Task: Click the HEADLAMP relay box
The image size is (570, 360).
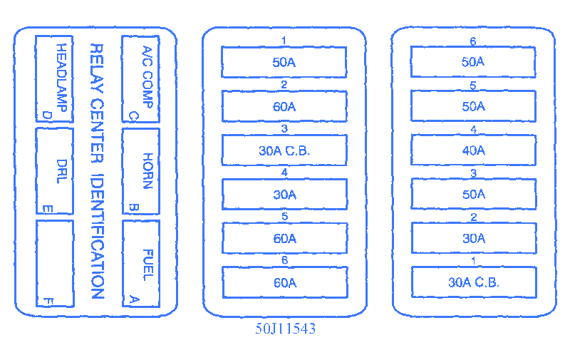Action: [55, 78]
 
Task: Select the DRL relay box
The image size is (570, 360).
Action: [55, 170]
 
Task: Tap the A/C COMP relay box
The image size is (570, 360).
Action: [141, 78]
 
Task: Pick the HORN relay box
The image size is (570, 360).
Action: [141, 170]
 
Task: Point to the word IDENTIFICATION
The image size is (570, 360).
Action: [97, 236]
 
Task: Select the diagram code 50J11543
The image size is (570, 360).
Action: [285, 329]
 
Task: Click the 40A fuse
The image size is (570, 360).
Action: [473, 150]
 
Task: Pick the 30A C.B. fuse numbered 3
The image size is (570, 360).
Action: [284, 150]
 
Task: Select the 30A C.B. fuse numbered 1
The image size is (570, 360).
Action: [473, 282]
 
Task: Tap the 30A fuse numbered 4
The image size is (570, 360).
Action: [284, 194]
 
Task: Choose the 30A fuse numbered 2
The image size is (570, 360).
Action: [473, 238]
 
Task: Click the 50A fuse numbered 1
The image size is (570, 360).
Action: [284, 62]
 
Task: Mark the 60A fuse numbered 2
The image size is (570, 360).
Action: [284, 106]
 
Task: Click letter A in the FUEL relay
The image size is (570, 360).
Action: [131, 299]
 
